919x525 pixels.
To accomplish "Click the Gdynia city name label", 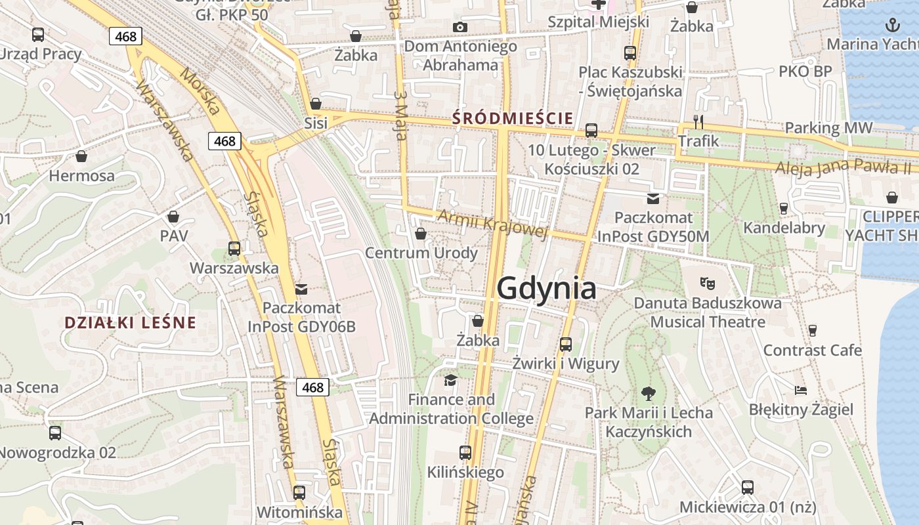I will click(546, 289).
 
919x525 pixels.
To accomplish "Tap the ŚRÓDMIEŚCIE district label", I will click(513, 119).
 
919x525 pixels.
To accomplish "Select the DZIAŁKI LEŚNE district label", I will click(131, 322).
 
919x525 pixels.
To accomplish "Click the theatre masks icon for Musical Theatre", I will click(707, 283).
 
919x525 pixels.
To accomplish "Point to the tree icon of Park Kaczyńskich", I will click(649, 394).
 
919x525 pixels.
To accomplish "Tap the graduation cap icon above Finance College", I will click(450, 380).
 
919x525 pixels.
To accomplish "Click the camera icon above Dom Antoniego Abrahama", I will click(460, 27).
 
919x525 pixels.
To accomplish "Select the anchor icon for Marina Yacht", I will click(891, 26).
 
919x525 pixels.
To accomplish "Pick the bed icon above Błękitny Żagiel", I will click(801, 390).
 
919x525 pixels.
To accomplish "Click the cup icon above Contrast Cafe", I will click(812, 330).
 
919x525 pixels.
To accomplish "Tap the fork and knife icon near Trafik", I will click(698, 122).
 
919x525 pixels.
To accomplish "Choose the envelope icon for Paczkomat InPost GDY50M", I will click(653, 199).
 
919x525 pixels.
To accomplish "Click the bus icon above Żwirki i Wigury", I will click(565, 344).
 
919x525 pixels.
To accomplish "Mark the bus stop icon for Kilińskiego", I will click(465, 452).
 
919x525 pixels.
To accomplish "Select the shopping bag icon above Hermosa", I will click(81, 156).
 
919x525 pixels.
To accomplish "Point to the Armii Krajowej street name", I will click(492, 224).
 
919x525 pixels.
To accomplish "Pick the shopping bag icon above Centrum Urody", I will click(421, 234).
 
